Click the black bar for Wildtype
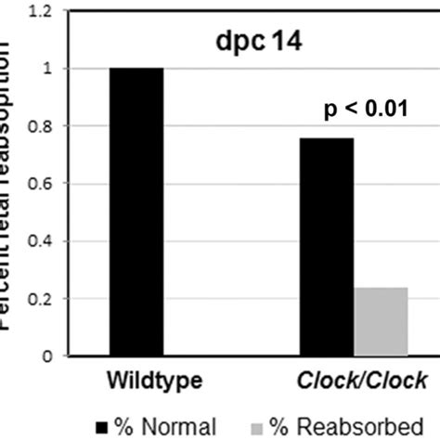(x=136, y=212)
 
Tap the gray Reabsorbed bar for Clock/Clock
(x=381, y=321)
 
